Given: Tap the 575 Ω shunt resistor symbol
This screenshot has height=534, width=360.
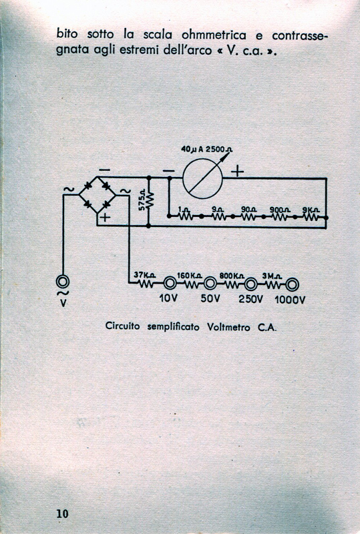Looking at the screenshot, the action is tap(150, 201).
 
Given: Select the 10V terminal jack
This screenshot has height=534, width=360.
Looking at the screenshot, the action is tap(170, 283).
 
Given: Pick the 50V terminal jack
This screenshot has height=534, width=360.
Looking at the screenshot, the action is tap(210, 283).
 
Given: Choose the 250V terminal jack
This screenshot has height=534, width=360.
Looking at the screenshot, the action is tap(251, 284).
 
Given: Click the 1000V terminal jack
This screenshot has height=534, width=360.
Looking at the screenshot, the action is tap(292, 284).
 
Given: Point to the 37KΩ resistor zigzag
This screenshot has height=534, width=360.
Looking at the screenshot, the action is tap(146, 283).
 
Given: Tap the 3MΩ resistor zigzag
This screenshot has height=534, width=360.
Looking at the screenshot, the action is tap(273, 285).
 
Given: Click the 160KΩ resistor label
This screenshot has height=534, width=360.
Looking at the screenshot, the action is tap(189, 275).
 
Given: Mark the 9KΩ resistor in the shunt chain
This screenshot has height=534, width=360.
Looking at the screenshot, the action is tap(310, 216).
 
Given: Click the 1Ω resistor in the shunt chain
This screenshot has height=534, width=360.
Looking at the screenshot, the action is tap(184, 216).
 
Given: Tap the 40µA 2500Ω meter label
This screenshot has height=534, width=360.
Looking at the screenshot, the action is tap(206, 149).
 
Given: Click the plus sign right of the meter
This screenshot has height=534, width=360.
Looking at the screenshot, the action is tap(237, 171).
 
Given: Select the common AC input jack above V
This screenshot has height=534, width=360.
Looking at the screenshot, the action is tap(63, 282).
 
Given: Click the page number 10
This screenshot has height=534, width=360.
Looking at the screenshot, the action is tap(62, 513).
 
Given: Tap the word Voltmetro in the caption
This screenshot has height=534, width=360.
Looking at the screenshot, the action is tap(228, 327).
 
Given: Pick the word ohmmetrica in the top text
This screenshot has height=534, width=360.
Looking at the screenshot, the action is tap(214, 35).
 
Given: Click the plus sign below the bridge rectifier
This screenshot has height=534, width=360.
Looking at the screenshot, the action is tap(106, 217).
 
